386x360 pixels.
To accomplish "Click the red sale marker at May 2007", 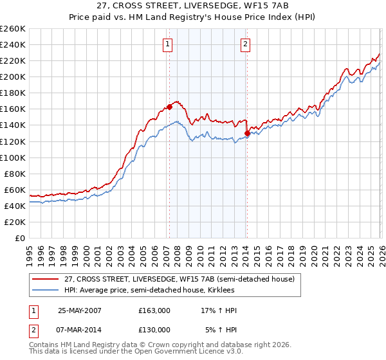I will [169, 107].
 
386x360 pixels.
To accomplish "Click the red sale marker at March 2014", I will [247, 133].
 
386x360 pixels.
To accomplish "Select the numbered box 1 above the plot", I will [167, 44].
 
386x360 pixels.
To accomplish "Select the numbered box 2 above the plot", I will [246, 44].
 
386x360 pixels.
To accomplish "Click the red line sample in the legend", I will [46, 279].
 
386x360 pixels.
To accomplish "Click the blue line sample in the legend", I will [46, 290].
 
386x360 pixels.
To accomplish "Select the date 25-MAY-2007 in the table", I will [79, 310].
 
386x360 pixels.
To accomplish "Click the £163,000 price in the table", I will [154, 310].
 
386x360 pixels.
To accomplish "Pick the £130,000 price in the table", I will [154, 329].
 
